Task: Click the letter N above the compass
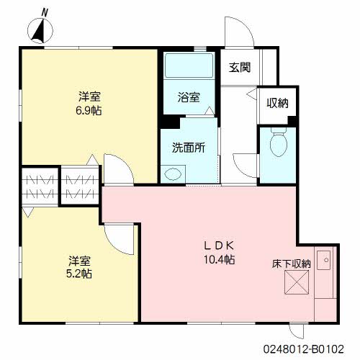[x=45, y=12]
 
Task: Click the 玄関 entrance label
[x=240, y=68]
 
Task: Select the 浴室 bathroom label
[x=189, y=97]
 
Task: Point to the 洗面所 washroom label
[x=189, y=148]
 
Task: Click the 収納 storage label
[x=278, y=103]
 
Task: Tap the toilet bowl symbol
[x=279, y=142]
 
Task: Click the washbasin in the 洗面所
[x=173, y=174]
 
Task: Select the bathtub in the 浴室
[x=189, y=66]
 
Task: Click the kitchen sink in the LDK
[x=323, y=260]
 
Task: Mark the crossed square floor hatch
[x=297, y=282]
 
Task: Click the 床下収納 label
[x=292, y=264]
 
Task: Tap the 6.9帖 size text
[x=89, y=111]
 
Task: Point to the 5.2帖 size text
[x=79, y=274]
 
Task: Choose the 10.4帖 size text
[x=220, y=259]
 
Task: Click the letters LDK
[x=219, y=246]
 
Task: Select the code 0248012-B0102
[x=304, y=349]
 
